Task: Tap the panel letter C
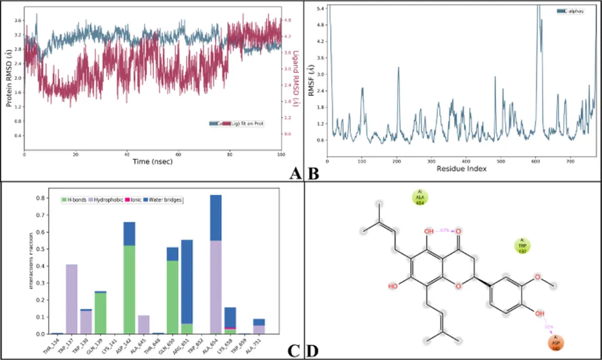click(x=295, y=351)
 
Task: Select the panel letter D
click(x=313, y=351)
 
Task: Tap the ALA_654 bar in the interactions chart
click(x=216, y=265)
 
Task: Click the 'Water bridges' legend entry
click(x=169, y=201)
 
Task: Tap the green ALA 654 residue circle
click(x=420, y=197)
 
